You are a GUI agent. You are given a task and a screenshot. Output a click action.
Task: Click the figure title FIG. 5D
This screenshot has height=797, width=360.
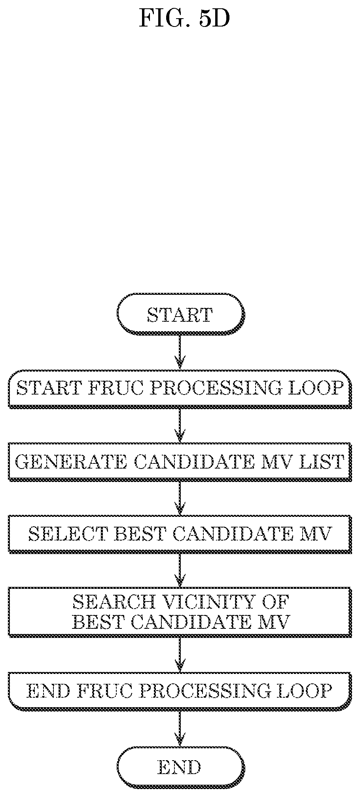184,18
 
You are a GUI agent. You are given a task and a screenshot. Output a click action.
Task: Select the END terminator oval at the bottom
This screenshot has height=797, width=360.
180,768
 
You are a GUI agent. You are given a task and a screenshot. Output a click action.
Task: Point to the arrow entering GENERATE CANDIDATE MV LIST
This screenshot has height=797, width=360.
180,425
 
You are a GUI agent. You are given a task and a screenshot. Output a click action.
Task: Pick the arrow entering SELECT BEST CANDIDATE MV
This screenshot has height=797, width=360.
180,498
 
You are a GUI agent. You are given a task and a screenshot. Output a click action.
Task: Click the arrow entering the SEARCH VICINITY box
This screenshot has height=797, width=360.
180,570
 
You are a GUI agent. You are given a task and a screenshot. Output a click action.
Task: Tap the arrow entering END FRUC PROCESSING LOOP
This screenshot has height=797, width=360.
180,655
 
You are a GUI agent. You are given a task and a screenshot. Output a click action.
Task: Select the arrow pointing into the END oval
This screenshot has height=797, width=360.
180,728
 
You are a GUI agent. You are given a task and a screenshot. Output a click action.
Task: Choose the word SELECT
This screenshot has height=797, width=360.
68,534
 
